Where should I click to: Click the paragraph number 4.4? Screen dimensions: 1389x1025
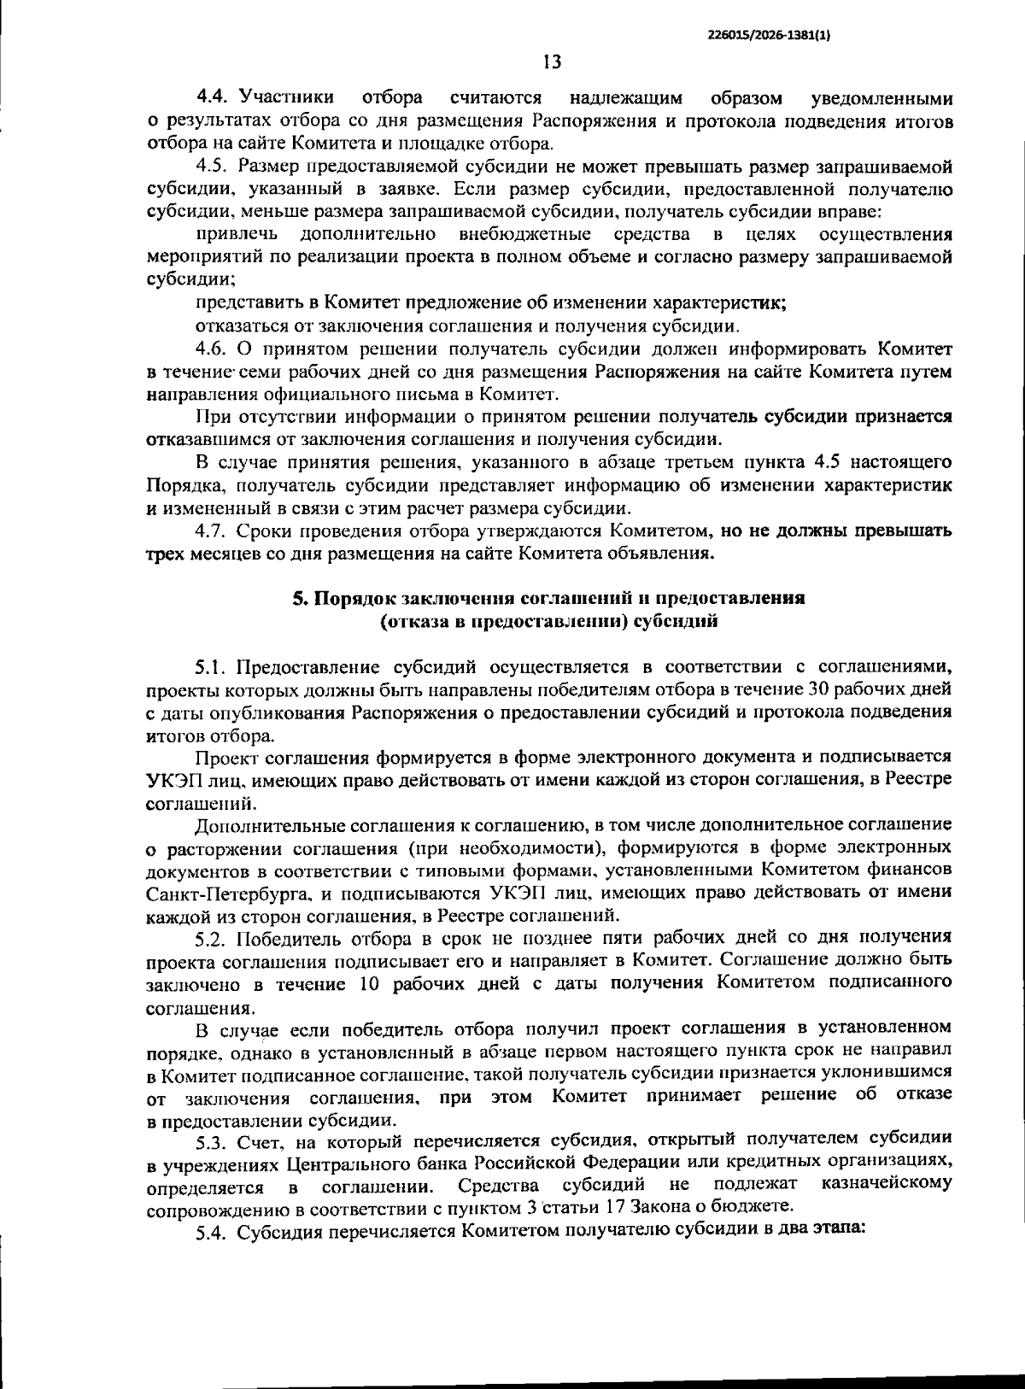pos(213,98)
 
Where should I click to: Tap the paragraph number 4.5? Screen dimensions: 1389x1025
pos(213,166)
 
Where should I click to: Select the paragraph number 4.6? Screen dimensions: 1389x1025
pos(213,349)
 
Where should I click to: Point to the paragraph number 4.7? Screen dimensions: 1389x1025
pos(213,530)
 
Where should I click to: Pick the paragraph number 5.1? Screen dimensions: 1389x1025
pos(213,666)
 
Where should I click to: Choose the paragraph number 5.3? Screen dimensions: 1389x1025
pos(213,1140)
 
